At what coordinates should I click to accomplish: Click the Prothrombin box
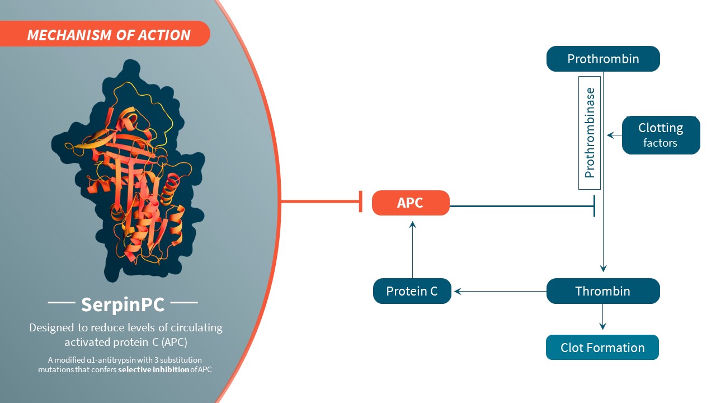pyautogui.click(x=603, y=59)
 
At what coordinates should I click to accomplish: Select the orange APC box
pyautogui.click(x=411, y=203)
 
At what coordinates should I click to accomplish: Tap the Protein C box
pyautogui.click(x=412, y=291)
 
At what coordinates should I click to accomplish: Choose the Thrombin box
pyautogui.click(x=603, y=291)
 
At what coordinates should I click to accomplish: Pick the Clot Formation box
pyautogui.click(x=602, y=348)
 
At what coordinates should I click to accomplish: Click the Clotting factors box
pyautogui.click(x=661, y=135)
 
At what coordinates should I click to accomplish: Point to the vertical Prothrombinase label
pyautogui.click(x=589, y=133)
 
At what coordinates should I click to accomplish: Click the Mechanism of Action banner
pyautogui.click(x=109, y=35)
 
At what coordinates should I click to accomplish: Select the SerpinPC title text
pyautogui.click(x=123, y=304)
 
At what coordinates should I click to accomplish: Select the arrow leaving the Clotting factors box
pyautogui.click(x=614, y=135)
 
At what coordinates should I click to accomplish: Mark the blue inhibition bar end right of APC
pyautogui.click(x=593, y=206)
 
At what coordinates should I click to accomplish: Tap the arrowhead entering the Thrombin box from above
pyautogui.click(x=603, y=268)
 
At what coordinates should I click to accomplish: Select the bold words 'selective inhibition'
pyautogui.click(x=153, y=369)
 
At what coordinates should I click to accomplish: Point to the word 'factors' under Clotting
pyautogui.click(x=661, y=143)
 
